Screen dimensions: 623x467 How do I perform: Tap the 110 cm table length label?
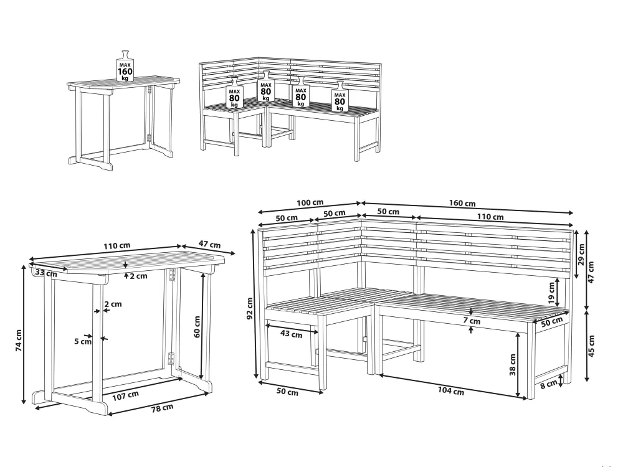point(117,246)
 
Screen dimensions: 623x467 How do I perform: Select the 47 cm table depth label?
point(209,245)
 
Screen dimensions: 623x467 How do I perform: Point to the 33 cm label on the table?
point(45,273)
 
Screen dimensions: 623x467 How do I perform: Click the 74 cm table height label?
point(19,341)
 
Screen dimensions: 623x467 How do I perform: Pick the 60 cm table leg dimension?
point(197,327)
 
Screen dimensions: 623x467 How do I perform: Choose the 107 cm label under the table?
point(126,395)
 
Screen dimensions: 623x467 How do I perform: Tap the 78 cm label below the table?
point(162,407)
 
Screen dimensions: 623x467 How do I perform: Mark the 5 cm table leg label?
point(83,341)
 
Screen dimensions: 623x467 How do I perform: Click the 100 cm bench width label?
point(310,202)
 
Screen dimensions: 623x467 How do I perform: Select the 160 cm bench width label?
point(462,203)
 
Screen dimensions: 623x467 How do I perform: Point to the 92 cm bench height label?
point(250,309)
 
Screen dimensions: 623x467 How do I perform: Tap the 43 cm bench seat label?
point(291,334)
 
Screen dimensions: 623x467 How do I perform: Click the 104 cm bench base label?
point(451,391)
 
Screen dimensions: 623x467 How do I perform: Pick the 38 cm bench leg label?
point(513,365)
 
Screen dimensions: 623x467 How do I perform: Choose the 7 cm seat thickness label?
point(472,321)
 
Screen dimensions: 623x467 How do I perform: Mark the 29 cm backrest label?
point(581,255)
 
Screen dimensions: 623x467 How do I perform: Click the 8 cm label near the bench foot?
point(549,384)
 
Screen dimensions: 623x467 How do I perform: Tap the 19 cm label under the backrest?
point(551,293)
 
